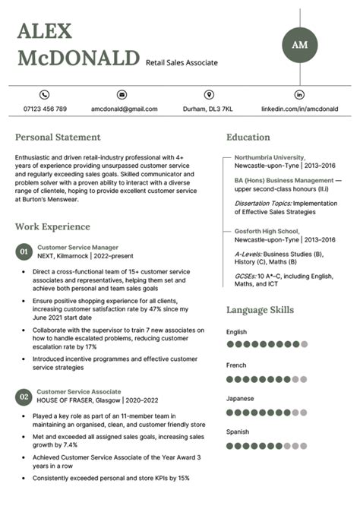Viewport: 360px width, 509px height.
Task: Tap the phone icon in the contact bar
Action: [44, 95]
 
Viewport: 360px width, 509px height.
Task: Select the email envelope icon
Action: [122, 95]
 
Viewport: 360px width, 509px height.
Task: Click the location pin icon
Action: [209, 95]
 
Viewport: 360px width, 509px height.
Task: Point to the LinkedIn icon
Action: [299, 95]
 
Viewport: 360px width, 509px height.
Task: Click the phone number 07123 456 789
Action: [44, 109]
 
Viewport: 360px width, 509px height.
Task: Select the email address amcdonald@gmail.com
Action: [124, 109]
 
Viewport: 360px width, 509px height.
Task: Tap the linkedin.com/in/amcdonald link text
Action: [299, 109]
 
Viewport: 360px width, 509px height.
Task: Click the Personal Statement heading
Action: [58, 138]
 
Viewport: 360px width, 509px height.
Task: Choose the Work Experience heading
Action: [52, 226]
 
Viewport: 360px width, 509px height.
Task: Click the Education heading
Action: [248, 138]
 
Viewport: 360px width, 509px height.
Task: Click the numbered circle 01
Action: [24, 251]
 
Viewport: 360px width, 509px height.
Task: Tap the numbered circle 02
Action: [24, 396]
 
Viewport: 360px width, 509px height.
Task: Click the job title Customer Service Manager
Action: [77, 248]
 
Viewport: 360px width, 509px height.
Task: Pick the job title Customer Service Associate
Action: [79, 391]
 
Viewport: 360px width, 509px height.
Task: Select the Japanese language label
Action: [240, 398]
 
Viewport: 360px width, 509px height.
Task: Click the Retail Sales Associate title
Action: [182, 62]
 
